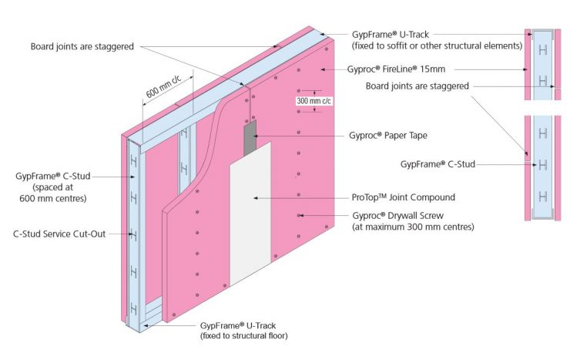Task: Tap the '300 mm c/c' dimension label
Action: pos(313,101)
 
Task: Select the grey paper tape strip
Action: pos(250,137)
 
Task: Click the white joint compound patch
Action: pos(250,214)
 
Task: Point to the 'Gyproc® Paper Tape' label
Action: pos(388,136)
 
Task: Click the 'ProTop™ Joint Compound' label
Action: pos(403,197)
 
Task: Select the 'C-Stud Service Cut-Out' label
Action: pos(59,234)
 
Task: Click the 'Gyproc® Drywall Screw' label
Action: pos(397,216)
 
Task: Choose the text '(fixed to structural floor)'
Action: pos(244,335)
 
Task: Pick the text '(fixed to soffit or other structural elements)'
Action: pos(437,45)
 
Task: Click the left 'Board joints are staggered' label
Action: pos(82,46)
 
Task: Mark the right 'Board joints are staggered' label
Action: pos(417,86)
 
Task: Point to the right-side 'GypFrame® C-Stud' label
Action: pos(438,164)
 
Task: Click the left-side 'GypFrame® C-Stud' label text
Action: pos(52,176)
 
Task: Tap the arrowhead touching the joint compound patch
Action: pos(256,198)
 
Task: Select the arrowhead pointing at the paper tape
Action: pos(256,136)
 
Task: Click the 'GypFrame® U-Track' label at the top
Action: pos(391,35)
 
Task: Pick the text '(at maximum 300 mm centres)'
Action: pos(413,227)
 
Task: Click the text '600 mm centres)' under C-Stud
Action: pos(53,199)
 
